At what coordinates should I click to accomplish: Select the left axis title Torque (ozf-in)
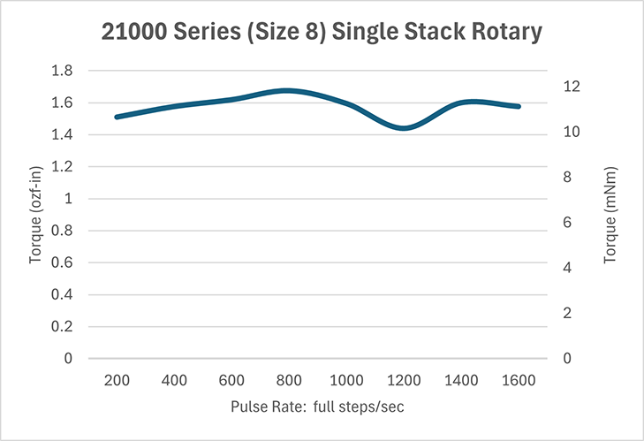pyautogui.click(x=37, y=215)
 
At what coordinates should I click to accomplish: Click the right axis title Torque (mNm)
pyautogui.click(x=610, y=215)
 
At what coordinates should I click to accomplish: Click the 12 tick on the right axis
pyautogui.click(x=573, y=87)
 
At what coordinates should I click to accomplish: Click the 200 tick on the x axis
pyautogui.click(x=117, y=380)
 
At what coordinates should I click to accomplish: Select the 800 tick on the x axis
pyautogui.click(x=289, y=380)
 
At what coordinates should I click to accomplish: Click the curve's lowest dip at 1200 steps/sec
pyautogui.click(x=405, y=128)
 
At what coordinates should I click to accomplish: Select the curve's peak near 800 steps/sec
pyautogui.click(x=286, y=90)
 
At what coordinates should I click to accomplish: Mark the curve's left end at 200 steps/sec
pyautogui.click(x=117, y=117)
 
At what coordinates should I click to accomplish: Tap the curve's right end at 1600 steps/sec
pyautogui.click(x=519, y=106)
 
